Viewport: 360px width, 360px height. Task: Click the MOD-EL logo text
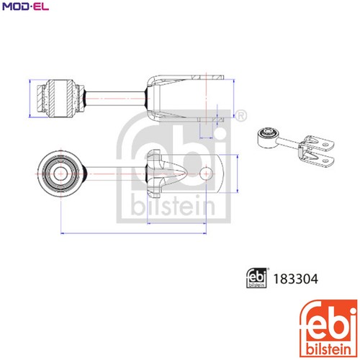tap(26, 6)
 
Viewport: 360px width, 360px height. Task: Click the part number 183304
tap(296, 279)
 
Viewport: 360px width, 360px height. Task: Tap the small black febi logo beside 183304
tap(257, 278)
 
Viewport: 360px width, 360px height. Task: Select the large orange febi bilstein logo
tap(328, 328)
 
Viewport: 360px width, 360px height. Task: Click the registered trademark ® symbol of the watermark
tap(240, 116)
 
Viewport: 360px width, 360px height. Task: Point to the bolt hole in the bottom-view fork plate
tap(206, 174)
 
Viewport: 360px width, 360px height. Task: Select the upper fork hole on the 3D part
tap(325, 145)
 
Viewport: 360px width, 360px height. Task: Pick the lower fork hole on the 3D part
tap(325, 161)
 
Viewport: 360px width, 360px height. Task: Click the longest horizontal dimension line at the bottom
tap(133, 233)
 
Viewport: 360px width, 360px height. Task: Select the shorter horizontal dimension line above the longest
tap(176, 223)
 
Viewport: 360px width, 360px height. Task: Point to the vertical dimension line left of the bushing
tap(30, 99)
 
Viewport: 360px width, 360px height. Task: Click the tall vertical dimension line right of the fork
tap(233, 99)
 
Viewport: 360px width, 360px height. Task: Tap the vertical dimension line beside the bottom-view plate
tap(238, 174)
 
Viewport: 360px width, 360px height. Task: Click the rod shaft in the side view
tap(116, 99)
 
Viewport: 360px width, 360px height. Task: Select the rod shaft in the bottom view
tap(116, 174)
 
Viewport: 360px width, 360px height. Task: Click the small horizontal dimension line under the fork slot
tap(206, 138)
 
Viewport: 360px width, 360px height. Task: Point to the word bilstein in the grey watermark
tap(173, 206)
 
